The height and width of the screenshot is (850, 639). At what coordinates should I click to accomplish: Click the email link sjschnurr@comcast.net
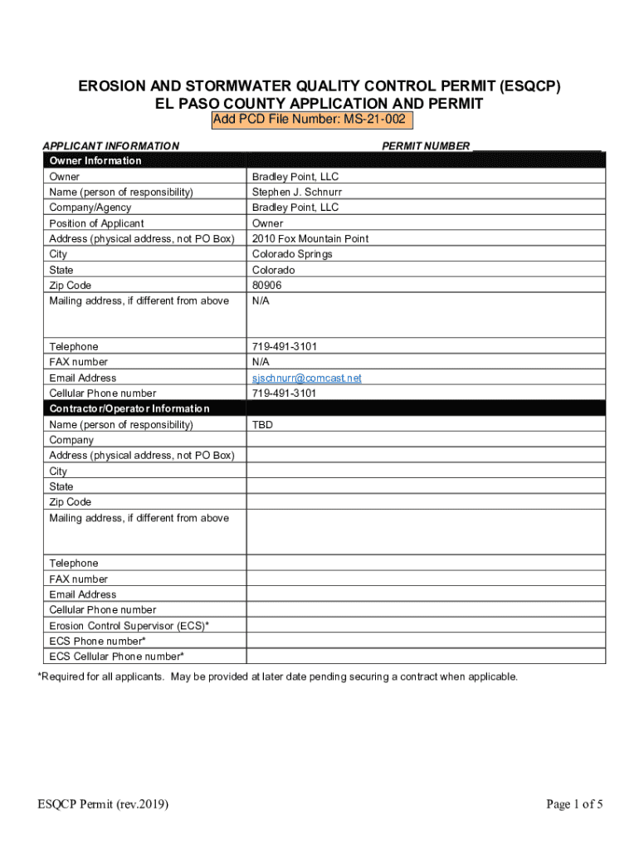tap(307, 378)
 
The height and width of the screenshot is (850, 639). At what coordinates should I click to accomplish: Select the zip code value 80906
tap(267, 286)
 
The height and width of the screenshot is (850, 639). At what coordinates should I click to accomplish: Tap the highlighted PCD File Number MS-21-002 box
tap(310, 120)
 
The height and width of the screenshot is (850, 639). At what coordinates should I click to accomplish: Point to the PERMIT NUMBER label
tap(426, 146)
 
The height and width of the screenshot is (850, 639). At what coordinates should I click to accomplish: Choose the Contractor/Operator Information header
tap(129, 408)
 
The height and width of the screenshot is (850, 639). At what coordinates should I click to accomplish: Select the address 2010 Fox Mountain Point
tap(310, 239)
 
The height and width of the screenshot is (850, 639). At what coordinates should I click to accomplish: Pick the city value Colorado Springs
tap(292, 254)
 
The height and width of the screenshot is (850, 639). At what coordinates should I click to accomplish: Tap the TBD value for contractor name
tap(262, 425)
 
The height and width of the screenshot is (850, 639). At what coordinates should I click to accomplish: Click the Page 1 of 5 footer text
tap(574, 804)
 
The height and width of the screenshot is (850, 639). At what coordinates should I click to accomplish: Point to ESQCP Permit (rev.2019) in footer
tap(104, 804)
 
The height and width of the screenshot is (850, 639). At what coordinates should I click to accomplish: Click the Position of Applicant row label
tap(96, 223)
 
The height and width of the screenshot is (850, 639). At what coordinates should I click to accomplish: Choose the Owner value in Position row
tap(267, 223)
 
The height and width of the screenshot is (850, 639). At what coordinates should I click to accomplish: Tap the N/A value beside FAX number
tap(261, 362)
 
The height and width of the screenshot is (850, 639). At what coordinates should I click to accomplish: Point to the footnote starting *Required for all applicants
tap(278, 677)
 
